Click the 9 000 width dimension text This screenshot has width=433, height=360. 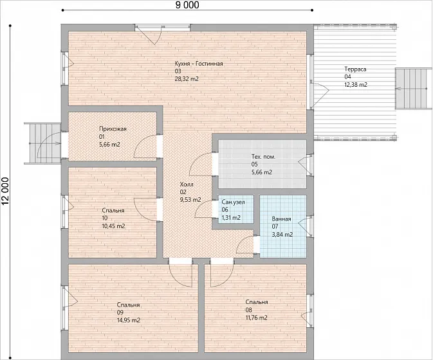point(187,4)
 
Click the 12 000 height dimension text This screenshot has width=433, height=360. point(5,192)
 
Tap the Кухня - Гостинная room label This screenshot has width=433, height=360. point(199,64)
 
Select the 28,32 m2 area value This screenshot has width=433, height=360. point(187,79)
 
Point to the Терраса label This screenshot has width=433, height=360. point(355,69)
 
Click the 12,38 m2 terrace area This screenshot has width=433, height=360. point(356,85)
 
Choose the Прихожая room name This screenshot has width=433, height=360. point(113,129)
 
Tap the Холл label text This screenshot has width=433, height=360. point(187,184)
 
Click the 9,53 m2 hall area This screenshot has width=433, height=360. point(190,200)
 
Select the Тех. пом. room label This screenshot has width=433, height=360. point(263,157)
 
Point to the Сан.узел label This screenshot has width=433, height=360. point(233,202)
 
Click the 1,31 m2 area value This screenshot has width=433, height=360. point(231,218)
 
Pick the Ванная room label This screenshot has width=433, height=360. point(281,219)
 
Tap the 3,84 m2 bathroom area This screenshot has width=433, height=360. point(282,235)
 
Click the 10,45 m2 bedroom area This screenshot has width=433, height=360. point(113,226)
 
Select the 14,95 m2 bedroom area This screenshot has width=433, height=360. point(129,320)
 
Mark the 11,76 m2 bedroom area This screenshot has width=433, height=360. point(257,318)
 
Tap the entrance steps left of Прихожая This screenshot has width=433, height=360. point(42,143)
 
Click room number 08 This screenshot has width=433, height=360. point(248,310)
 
